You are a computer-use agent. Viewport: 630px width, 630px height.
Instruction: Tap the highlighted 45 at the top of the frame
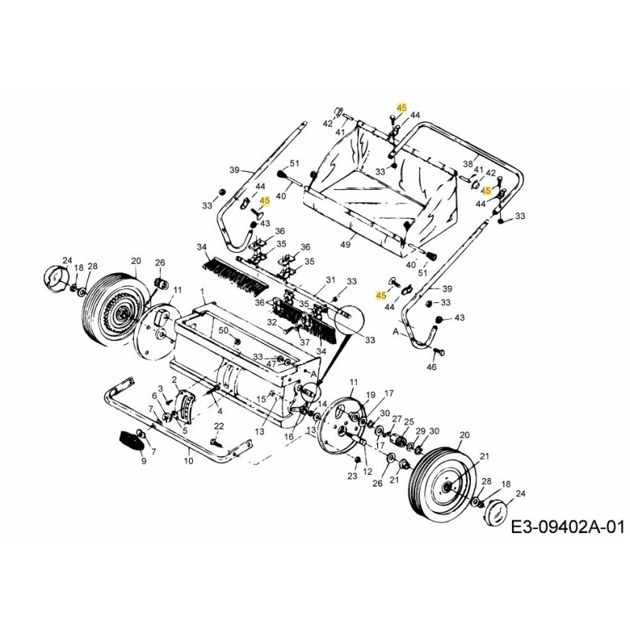[x=402, y=106]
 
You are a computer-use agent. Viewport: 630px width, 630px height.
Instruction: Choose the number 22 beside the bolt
[x=220, y=426]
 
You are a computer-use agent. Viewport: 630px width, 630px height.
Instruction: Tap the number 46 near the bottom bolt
[x=431, y=368]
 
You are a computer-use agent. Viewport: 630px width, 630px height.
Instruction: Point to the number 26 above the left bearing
[x=159, y=262]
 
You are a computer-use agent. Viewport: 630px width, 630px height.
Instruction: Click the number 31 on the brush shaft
[x=331, y=280]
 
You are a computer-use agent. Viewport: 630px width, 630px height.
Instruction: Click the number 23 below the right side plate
[x=352, y=477]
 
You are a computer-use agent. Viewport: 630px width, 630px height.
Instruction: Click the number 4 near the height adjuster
[x=219, y=410]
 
